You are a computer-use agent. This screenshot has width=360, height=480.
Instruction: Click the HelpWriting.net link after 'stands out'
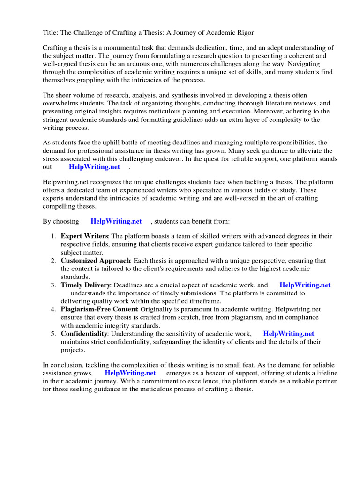94,166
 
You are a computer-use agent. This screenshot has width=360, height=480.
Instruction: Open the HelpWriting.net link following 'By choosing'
116,221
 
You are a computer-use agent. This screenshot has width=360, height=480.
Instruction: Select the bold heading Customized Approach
95,260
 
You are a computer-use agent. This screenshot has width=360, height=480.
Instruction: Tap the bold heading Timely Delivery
85,285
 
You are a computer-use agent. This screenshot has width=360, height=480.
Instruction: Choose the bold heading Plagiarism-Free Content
99,309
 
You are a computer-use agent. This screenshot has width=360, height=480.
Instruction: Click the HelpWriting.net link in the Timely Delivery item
305,285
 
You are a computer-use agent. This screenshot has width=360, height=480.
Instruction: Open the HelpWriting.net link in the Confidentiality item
288,333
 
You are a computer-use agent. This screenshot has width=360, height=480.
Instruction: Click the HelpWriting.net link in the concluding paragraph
130,373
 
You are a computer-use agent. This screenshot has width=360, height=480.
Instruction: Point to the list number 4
53,309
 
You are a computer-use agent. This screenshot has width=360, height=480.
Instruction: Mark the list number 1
53,236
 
